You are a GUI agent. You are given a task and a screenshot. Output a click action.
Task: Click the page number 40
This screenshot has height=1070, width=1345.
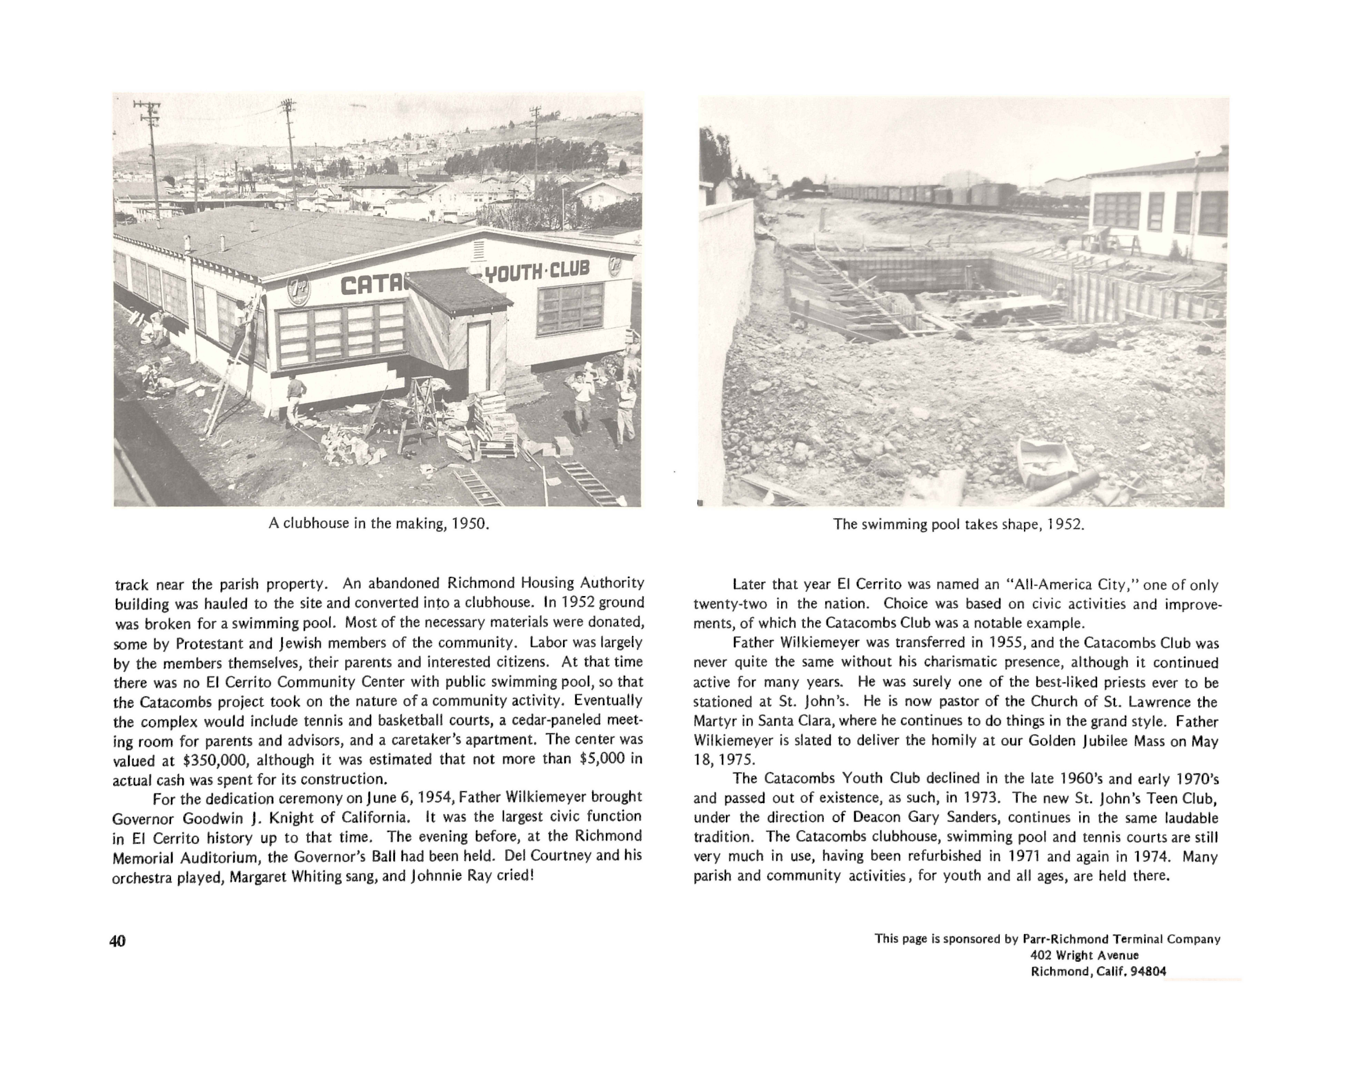pyautogui.click(x=117, y=942)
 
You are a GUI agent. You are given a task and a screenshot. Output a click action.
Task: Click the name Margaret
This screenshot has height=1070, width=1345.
pyautogui.click(x=257, y=877)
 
